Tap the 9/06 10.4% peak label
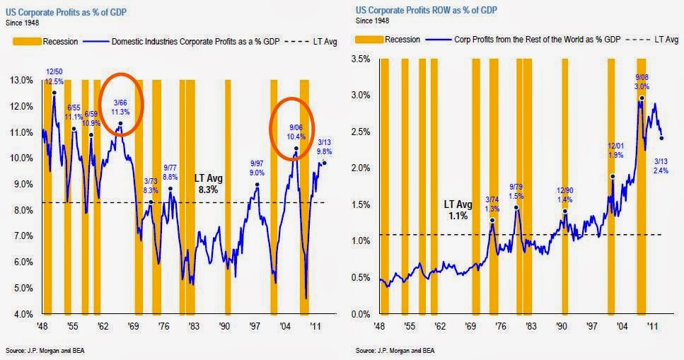[x=296, y=131]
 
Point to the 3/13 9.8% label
[x=324, y=145]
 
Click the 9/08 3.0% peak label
[x=642, y=81]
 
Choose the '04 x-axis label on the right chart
[x=622, y=327]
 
